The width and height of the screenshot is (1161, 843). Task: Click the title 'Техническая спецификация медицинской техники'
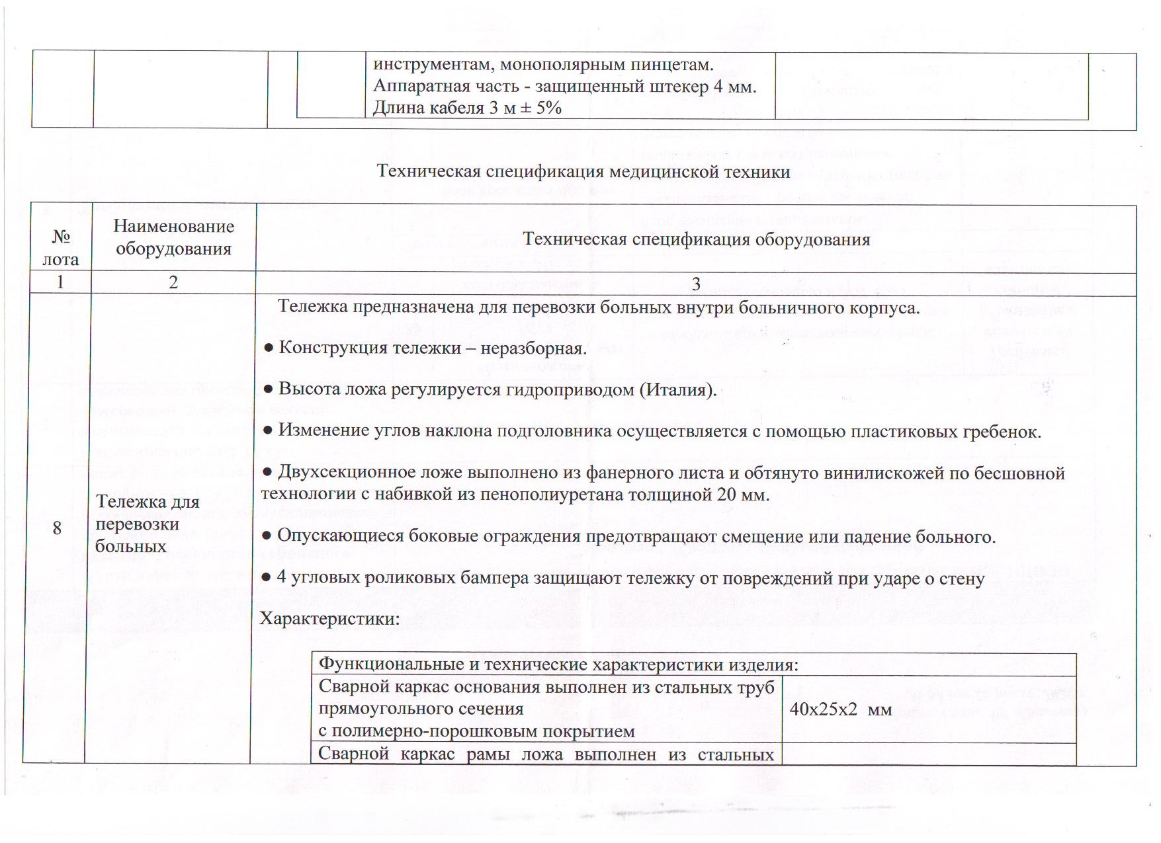(x=583, y=172)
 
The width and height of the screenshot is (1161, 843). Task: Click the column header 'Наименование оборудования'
(x=173, y=237)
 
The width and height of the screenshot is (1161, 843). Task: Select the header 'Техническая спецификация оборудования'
(x=696, y=239)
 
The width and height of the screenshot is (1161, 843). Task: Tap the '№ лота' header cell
(x=60, y=247)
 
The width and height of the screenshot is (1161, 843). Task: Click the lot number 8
(x=57, y=528)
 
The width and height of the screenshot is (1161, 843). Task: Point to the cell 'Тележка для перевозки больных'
(x=147, y=524)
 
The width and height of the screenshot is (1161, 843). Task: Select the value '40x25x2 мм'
(x=841, y=710)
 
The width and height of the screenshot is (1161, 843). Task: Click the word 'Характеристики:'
(x=329, y=619)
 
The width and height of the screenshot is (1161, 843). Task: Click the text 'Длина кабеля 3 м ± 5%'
(x=467, y=108)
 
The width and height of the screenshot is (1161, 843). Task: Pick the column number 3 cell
(x=696, y=284)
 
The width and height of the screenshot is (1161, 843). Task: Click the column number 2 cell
(x=173, y=282)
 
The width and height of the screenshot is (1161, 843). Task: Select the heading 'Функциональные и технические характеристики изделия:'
(x=558, y=664)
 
